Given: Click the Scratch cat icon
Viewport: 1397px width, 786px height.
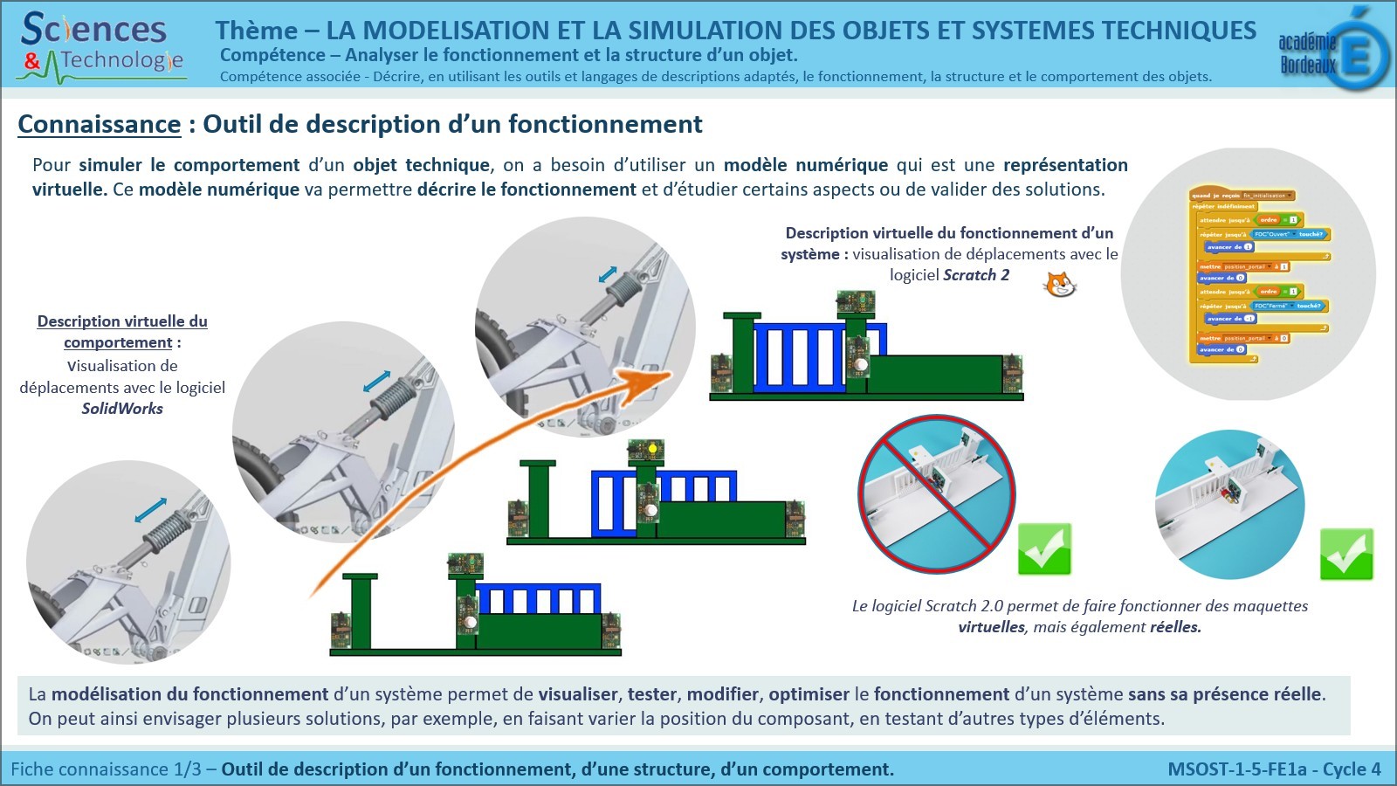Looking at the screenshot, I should (x=1060, y=284).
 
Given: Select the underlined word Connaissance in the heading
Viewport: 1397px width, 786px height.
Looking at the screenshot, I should (x=99, y=125).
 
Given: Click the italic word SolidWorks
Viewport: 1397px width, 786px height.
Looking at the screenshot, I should (x=122, y=409).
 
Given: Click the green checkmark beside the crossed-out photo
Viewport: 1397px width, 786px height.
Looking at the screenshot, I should (x=1044, y=549).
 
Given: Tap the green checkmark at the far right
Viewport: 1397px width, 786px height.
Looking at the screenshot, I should (x=1346, y=555).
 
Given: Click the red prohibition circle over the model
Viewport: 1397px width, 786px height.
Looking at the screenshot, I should (x=937, y=493).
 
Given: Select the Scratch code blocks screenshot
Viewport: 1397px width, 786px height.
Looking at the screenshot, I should (x=1257, y=273).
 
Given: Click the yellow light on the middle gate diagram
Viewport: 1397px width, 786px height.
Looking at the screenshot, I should (x=650, y=449).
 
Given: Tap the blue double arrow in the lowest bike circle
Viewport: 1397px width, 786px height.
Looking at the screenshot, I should (x=150, y=511).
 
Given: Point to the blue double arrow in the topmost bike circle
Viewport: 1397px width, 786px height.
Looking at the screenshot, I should (x=608, y=274).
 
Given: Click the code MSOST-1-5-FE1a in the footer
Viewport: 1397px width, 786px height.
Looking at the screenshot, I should (x=1237, y=769).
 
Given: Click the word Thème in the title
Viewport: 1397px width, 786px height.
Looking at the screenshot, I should (x=257, y=31).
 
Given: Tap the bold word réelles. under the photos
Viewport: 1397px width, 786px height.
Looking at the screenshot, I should (x=1175, y=627).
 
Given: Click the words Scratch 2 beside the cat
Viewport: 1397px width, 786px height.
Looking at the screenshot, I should (x=976, y=275).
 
